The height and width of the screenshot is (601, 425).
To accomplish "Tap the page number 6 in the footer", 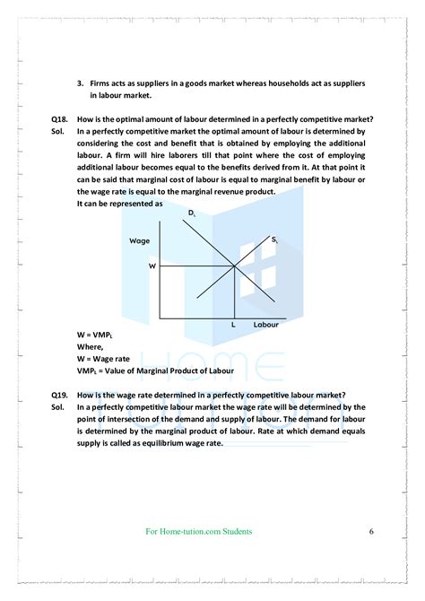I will [x=370, y=532].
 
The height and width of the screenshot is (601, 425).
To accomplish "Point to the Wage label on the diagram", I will [x=139, y=241].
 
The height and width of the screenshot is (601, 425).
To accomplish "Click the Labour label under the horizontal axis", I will [x=266, y=325].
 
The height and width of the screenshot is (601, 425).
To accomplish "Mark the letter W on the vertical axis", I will [x=152, y=266].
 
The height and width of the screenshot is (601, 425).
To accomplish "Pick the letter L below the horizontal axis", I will [x=233, y=325].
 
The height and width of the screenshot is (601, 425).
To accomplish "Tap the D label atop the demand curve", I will [x=192, y=213].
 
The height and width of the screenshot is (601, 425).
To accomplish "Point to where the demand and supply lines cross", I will [x=234, y=266].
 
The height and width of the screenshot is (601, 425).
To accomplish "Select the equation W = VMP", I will [x=95, y=335].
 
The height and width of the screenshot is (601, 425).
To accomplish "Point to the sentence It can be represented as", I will [x=119, y=203].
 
